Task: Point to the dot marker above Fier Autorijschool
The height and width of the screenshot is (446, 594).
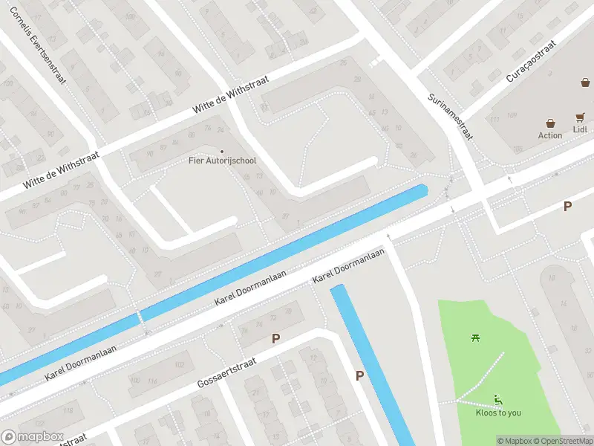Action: [221, 152]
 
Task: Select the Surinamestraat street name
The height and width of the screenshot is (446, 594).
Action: [451, 117]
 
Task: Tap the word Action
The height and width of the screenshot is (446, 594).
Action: [550, 135]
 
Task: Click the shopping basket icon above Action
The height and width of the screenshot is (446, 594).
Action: [551, 123]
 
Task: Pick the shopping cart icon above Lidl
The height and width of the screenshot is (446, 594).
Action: [580, 117]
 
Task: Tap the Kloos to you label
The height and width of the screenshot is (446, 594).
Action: [498, 413]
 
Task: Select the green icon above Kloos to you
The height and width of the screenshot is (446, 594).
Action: [498, 400]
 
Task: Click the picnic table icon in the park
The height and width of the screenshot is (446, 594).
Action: [476, 338]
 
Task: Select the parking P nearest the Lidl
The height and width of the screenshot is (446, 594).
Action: [568, 207]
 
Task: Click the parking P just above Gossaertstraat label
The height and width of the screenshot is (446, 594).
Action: [275, 338]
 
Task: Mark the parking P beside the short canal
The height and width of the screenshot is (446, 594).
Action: [359, 375]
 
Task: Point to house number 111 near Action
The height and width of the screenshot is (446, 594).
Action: [493, 120]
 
